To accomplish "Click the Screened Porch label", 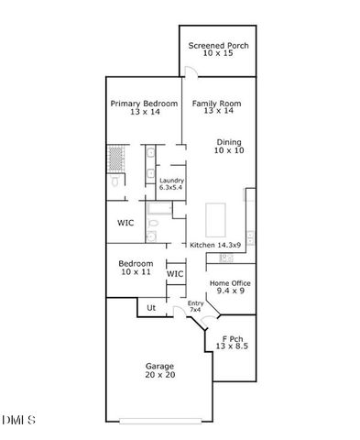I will pyautogui.click(x=218, y=46).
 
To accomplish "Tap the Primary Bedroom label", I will pyautogui.click(x=143, y=104).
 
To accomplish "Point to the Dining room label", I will pyautogui.click(x=229, y=142).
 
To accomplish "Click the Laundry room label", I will pyautogui.click(x=171, y=181).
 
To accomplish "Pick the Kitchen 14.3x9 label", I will pyautogui.click(x=215, y=245).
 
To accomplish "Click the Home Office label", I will pyautogui.click(x=231, y=283).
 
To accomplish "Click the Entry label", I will pyautogui.click(x=194, y=303).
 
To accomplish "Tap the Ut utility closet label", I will pyautogui.click(x=151, y=307).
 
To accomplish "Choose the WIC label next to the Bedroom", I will pyautogui.click(x=175, y=273).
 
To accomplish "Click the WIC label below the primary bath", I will pyautogui.click(x=125, y=223).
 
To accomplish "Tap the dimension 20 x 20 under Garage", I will pyautogui.click(x=159, y=375).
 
